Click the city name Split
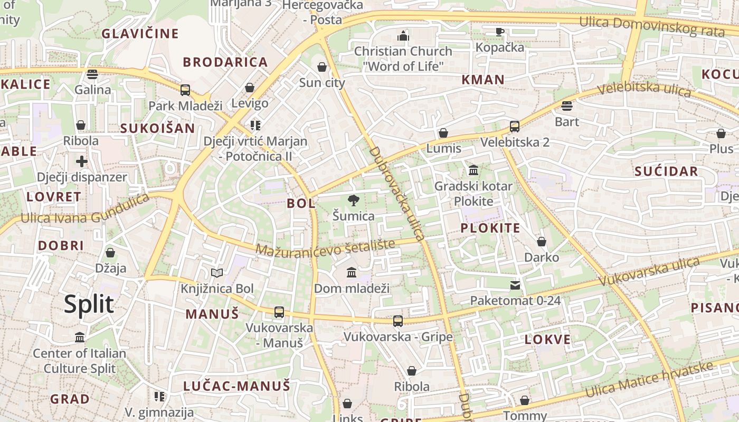click(x=89, y=304)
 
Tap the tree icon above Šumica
click(x=353, y=200)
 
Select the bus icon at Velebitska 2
click(x=515, y=127)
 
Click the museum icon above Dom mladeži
click(x=352, y=273)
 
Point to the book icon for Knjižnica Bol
click(x=217, y=273)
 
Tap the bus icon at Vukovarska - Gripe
click(x=398, y=321)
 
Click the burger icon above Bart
click(x=567, y=106)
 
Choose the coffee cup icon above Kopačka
click(x=500, y=32)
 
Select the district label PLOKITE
click(x=490, y=228)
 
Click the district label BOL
click(x=301, y=203)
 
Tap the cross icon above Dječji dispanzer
click(x=81, y=161)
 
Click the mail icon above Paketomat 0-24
click(x=515, y=285)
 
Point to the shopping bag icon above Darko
click(x=542, y=242)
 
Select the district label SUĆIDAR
click(x=666, y=171)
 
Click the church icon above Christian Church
click(x=403, y=36)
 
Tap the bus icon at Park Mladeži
click(x=185, y=90)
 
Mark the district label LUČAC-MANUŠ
click(x=237, y=386)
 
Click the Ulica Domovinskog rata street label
click(x=652, y=26)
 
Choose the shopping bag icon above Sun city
click(x=322, y=67)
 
